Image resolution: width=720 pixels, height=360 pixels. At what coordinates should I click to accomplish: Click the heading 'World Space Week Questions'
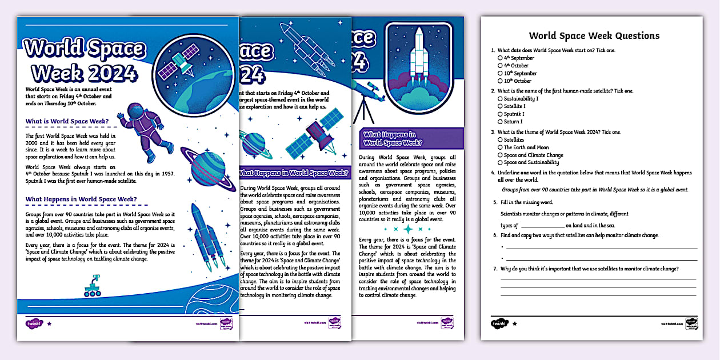pos(594,35)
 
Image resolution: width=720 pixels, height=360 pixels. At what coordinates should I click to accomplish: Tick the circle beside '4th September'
pos(500,58)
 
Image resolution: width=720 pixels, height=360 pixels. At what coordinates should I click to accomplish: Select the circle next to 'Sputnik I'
pos(500,114)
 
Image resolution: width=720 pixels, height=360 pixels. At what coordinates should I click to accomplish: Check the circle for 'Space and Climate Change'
pos(500,155)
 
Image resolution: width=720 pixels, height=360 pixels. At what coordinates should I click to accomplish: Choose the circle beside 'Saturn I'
pos(500,122)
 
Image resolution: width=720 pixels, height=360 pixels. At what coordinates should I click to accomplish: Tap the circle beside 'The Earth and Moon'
pos(500,147)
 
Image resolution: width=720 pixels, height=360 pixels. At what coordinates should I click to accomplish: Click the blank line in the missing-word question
pos(541,226)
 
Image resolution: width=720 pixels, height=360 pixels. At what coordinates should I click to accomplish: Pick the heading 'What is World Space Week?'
pos(67,121)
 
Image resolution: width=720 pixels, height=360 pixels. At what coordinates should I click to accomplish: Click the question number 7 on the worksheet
pos(494,269)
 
